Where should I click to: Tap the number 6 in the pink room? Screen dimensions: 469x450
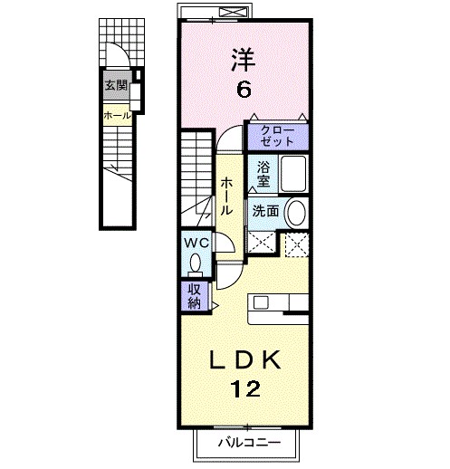(x=244, y=90)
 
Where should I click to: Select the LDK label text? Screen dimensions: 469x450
(x=244, y=360)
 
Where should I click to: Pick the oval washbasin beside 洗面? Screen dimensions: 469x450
(x=295, y=213)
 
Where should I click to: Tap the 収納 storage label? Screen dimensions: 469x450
(x=195, y=295)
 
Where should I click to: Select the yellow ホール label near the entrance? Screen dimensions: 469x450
(x=116, y=116)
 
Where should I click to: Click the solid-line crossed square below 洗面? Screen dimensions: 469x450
(x=263, y=242)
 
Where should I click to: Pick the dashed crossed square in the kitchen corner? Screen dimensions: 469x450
(x=296, y=244)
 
